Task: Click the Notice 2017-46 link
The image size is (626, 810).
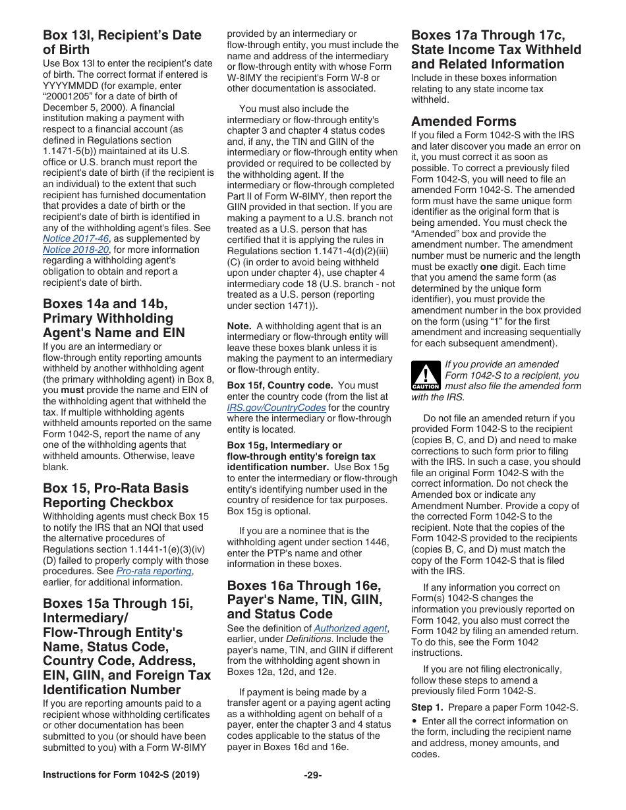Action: coord(76,238)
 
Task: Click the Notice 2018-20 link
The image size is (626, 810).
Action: coord(76,250)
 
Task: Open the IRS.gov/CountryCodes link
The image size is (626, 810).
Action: coord(276,408)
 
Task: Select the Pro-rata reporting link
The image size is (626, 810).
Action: coord(154,571)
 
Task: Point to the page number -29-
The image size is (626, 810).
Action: coord(312,775)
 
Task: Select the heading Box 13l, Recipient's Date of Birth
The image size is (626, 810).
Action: coord(122,42)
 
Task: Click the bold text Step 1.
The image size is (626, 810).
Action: coord(427,707)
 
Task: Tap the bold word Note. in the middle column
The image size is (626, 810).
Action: coord(239,326)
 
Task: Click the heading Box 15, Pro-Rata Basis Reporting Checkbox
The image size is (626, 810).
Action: coord(115,495)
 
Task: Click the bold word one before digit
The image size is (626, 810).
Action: coord(488,267)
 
